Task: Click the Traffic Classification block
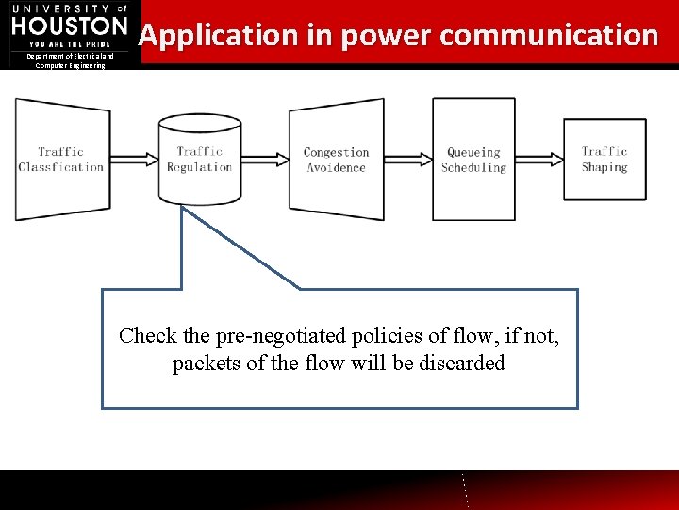(60, 159)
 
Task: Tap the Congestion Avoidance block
(336, 159)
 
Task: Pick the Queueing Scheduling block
(473, 159)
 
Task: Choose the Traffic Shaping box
(604, 159)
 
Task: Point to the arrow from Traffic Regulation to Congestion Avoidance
(266, 158)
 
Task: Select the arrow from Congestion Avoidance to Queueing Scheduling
(408, 158)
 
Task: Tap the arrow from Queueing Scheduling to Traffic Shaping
(539, 158)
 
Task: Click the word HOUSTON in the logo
(69, 26)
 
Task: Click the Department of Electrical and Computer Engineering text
(70, 60)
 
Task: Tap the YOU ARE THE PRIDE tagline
(69, 44)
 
